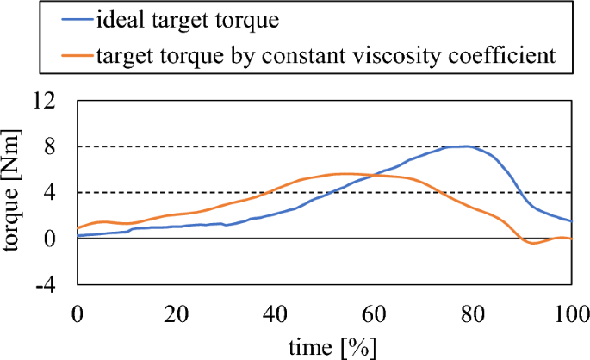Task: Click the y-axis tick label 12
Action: coord(44,101)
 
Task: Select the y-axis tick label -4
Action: coord(46,284)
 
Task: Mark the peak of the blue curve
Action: coord(466,146)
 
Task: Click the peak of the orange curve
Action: coord(345,173)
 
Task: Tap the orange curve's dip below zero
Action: coord(534,243)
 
